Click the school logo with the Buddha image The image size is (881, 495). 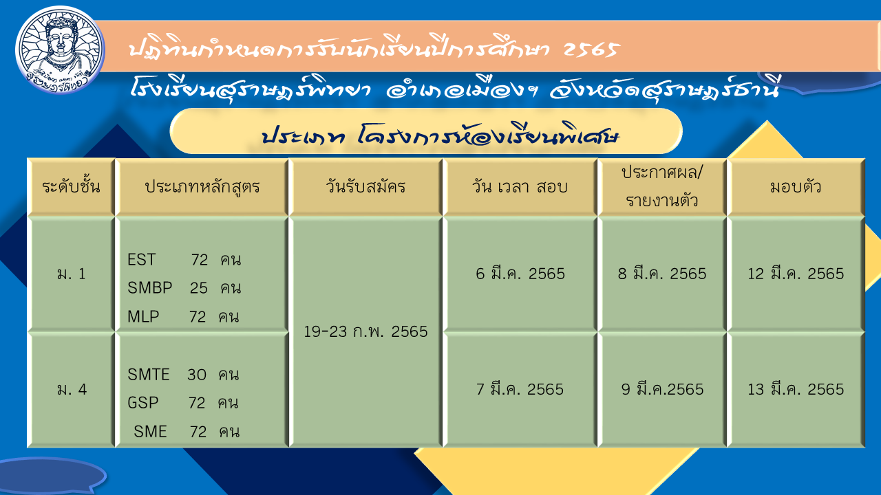click(60, 50)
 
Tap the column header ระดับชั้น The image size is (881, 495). click(71, 186)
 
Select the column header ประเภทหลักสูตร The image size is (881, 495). click(202, 187)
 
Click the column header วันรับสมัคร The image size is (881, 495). click(365, 186)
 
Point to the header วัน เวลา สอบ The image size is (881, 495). click(520, 186)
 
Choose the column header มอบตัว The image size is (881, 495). click(796, 186)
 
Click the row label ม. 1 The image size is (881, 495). click(71, 274)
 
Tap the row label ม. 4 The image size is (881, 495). click(72, 389)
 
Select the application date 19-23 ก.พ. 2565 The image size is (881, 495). click(365, 331)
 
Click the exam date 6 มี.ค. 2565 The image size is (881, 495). click(520, 274)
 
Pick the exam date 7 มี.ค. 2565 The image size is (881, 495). click(520, 389)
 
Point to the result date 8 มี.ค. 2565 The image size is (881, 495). click(662, 274)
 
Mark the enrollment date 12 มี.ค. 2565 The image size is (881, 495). click(796, 274)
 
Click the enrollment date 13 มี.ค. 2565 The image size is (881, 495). click(796, 389)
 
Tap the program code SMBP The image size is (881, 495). click(150, 288)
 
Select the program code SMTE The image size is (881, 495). click(148, 375)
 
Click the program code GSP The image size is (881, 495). click(142, 403)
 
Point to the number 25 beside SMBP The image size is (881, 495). click(199, 288)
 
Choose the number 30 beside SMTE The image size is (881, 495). click(197, 375)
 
